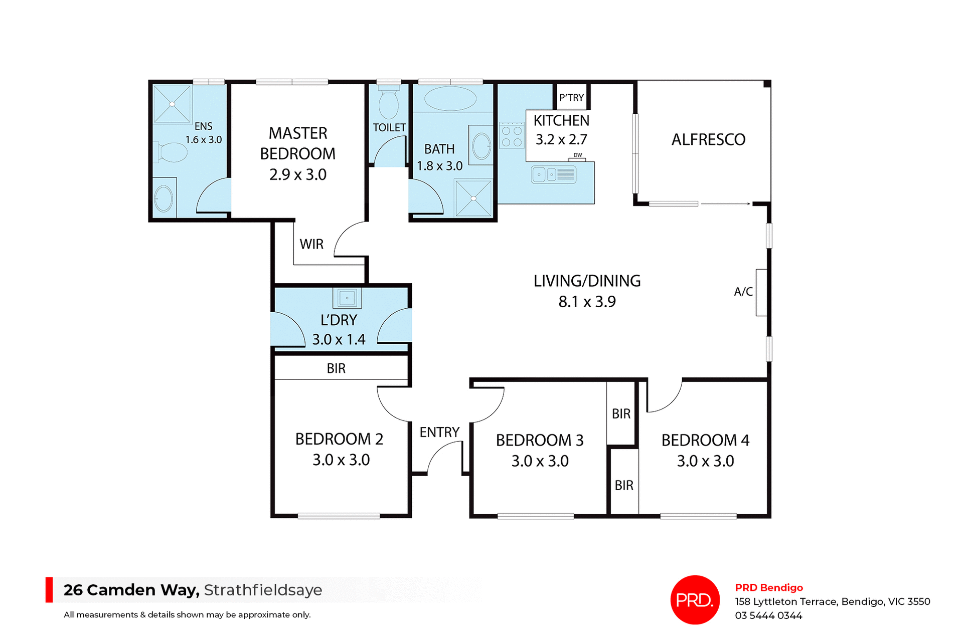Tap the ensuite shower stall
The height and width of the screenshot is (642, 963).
pos(172,104)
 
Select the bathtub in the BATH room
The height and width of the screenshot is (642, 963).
pos(450,99)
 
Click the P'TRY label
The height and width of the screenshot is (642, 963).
pos(572,98)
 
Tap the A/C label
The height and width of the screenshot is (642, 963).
pos(743,292)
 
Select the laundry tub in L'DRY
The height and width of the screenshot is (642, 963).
pos(347,298)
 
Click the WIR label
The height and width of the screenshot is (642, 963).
pos(311,244)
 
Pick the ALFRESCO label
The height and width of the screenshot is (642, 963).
pos(708,140)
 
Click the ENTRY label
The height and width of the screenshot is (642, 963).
pos(439,432)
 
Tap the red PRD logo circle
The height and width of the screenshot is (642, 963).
pos(695,600)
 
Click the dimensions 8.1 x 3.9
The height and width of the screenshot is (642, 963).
pos(587,302)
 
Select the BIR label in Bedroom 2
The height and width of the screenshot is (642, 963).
pos(336,368)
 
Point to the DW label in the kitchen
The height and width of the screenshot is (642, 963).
pos(578,155)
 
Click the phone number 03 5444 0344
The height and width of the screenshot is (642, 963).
pos(768,615)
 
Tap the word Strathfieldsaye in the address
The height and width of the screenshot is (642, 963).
pos(263,590)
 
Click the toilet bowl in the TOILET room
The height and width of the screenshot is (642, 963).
pos(388,104)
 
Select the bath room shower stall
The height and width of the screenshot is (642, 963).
pos(473,198)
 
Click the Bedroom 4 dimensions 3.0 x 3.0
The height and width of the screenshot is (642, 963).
pos(705,461)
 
